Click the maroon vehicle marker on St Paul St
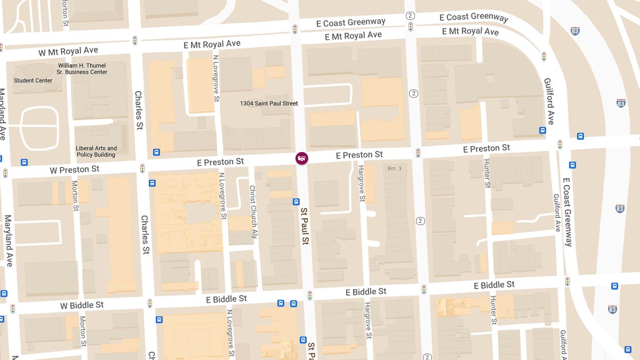click(302, 158)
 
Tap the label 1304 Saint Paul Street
click(269, 103)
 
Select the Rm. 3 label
click(394, 169)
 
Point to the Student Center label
click(33, 81)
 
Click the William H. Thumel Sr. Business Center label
click(83, 69)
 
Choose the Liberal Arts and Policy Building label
click(96, 151)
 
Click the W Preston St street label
click(75, 170)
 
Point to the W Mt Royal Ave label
click(68, 51)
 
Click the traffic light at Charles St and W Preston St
click(142, 169)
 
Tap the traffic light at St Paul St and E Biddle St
click(309, 295)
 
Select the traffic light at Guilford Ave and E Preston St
click(560, 144)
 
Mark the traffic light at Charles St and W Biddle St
click(150, 303)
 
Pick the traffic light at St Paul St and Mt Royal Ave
click(294, 29)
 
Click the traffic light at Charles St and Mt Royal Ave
click(135, 41)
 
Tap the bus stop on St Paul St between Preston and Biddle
click(296, 202)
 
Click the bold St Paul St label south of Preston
click(305, 226)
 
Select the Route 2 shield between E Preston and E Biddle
click(420, 221)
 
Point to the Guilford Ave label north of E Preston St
click(549, 101)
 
